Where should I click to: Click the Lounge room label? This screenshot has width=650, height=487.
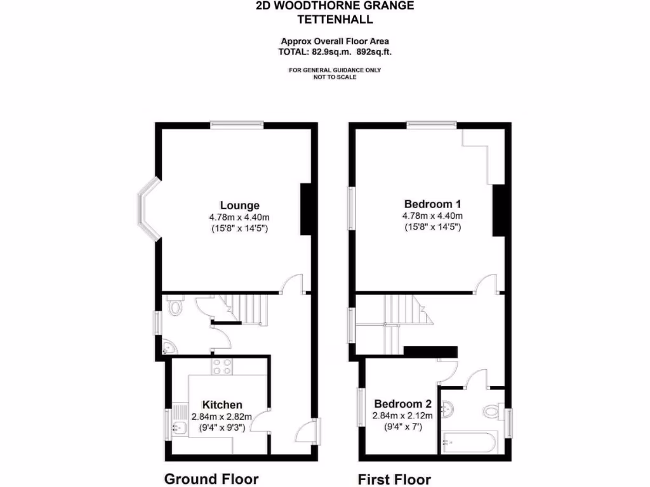(239, 205)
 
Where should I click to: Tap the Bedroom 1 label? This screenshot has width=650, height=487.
(432, 204)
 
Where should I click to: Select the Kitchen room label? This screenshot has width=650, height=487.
(222, 405)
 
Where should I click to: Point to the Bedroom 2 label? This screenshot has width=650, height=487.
(402, 404)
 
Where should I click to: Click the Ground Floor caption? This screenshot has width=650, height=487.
(211, 479)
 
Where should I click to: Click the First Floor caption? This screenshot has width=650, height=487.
(394, 479)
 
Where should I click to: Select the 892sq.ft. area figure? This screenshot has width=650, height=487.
(379, 52)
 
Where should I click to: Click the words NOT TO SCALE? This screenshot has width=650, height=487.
(335, 77)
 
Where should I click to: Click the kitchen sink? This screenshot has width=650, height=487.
(180, 424)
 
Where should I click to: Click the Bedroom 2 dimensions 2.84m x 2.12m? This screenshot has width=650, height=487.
(402, 416)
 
